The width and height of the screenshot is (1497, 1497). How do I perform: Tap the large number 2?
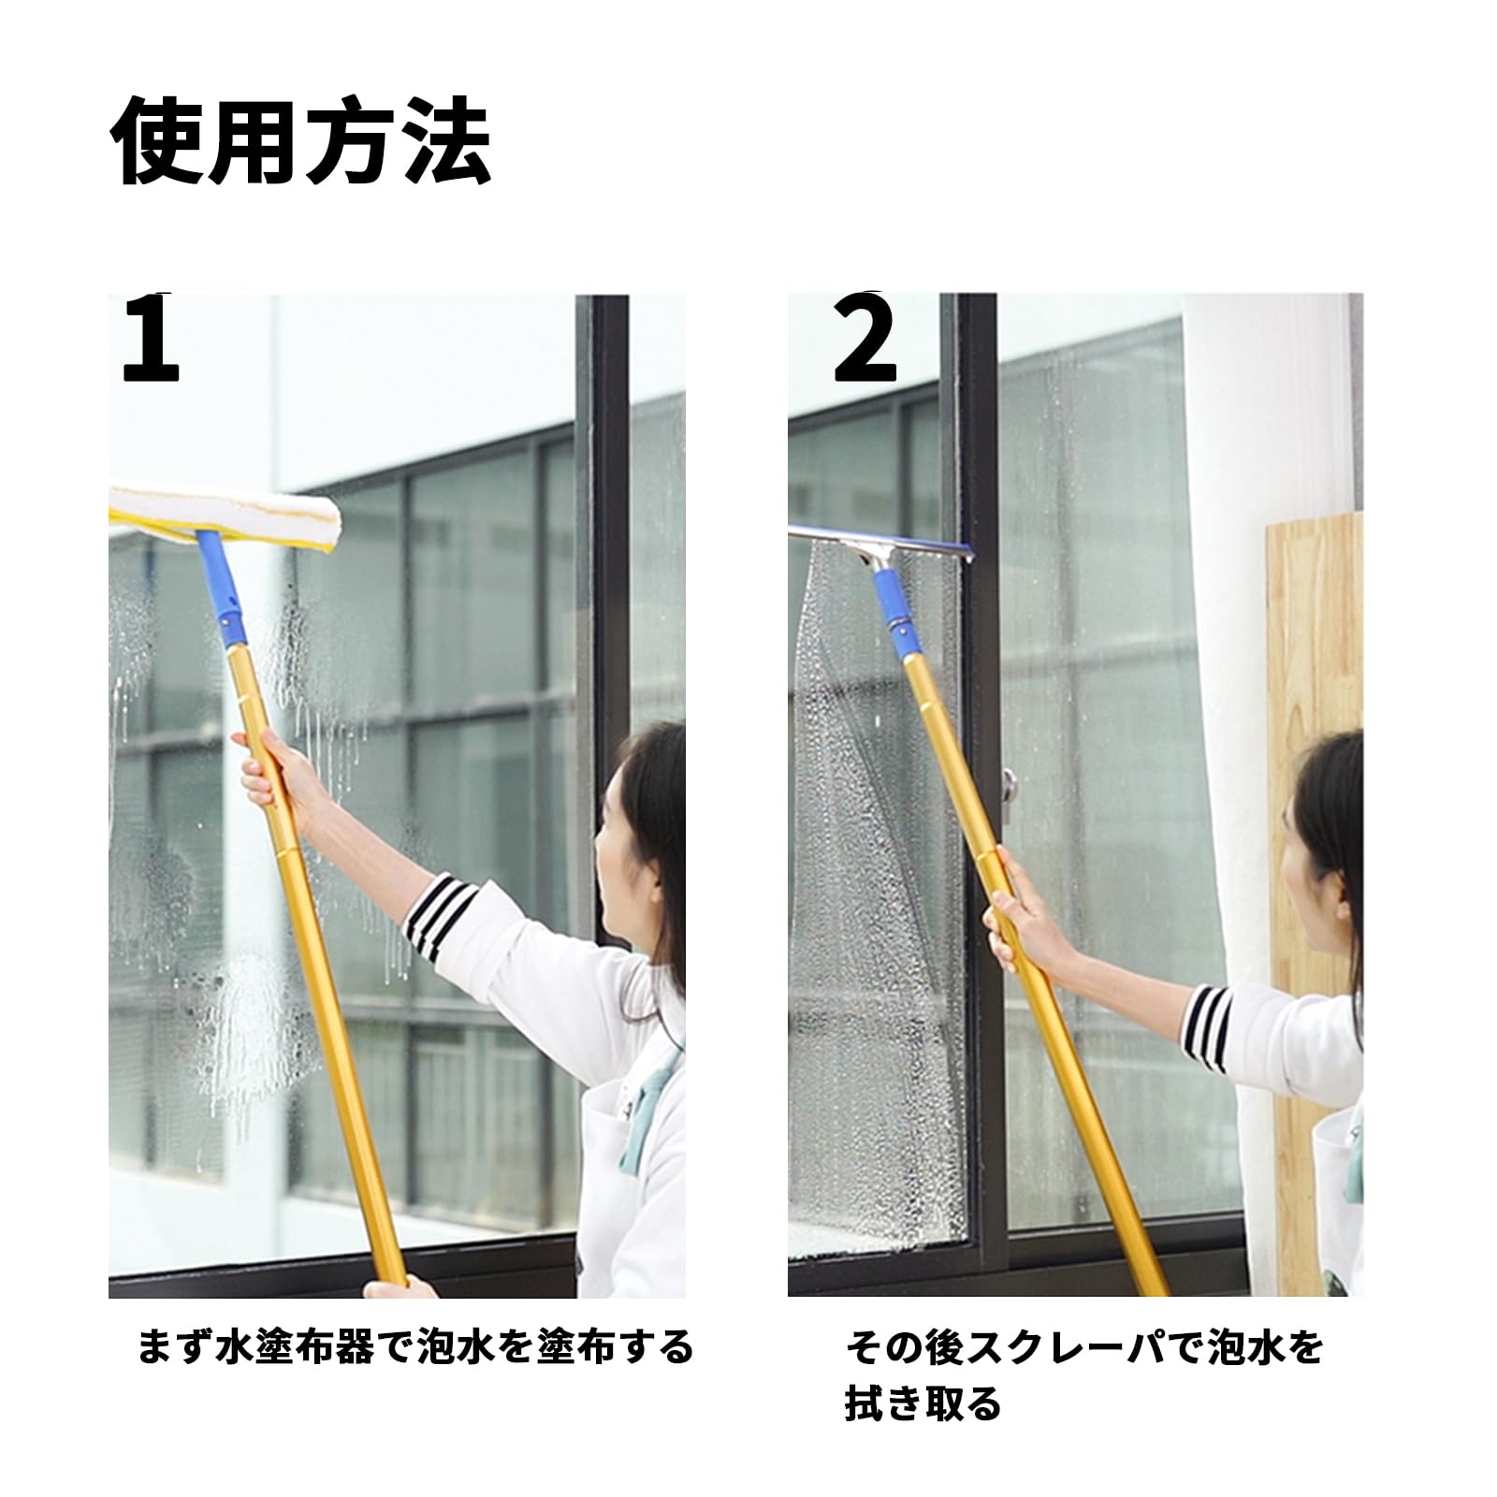(x=865, y=339)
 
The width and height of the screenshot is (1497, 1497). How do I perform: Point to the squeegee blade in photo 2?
(x=879, y=542)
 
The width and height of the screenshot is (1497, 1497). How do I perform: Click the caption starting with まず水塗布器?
(x=415, y=1347)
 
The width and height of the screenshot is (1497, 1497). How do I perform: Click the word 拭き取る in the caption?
(x=923, y=1403)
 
